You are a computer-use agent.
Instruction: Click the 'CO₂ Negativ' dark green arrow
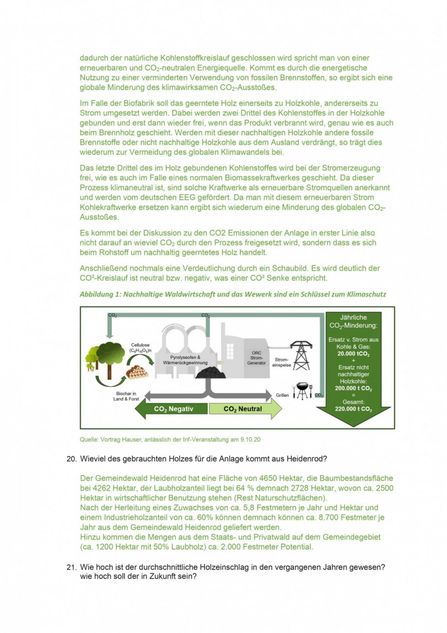coord(171,409)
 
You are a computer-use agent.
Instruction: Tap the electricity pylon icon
coord(302,355)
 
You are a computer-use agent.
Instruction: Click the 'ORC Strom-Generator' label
coord(256,358)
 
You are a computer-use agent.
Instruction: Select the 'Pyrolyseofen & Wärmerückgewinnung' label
coord(185,360)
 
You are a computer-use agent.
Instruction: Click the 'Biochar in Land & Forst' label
coord(126,396)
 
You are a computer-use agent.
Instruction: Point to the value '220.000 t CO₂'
coord(353,409)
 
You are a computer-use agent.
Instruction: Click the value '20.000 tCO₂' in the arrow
coord(353,354)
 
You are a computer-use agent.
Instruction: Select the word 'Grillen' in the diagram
coord(282,395)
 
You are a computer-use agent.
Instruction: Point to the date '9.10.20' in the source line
coord(250,440)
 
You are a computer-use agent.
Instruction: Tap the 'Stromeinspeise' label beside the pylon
coord(281,362)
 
